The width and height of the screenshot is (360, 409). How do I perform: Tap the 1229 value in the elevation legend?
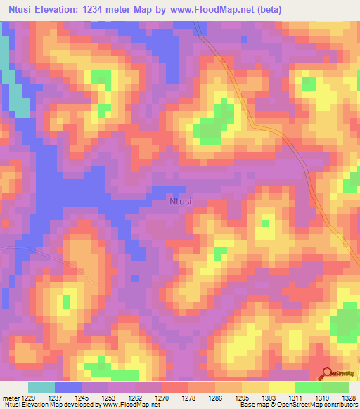coord(27,398)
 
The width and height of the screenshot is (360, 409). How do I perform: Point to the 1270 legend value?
coord(161,398)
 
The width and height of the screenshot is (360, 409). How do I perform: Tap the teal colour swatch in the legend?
coord(41,387)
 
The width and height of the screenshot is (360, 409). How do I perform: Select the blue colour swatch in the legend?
coord(68,387)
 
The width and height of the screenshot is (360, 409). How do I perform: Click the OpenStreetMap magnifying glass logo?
coord(327,373)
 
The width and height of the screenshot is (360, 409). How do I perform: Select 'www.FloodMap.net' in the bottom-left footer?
coord(131,405)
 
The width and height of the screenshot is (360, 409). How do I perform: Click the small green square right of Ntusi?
coord(265,223)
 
